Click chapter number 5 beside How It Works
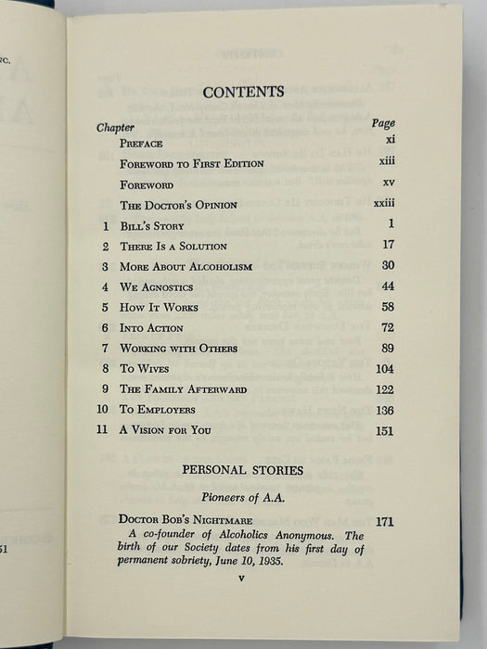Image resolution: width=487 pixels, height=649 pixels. pyautogui.click(x=106, y=308)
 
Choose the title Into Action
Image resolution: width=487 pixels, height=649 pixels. pyautogui.click(x=151, y=328)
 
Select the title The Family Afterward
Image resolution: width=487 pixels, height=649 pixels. pyautogui.click(x=183, y=388)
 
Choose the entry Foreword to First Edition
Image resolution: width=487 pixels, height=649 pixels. pyautogui.click(x=192, y=164)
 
